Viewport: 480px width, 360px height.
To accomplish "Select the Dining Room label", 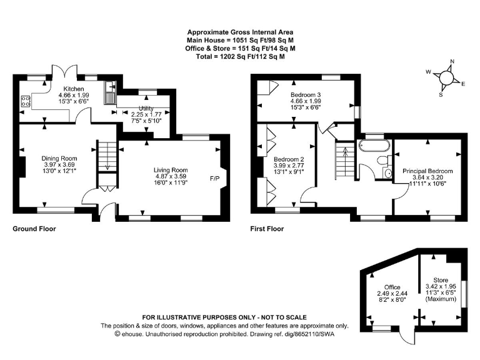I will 59,158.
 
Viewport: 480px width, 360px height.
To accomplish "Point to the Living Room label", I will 171,170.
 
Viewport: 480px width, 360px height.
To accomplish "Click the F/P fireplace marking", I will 214,179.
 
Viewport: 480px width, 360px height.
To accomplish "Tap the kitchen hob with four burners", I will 27,100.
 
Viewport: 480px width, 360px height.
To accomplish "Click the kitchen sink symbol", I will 110,93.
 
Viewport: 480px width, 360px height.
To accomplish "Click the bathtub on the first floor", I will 373,146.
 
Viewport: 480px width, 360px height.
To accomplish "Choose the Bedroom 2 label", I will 289,159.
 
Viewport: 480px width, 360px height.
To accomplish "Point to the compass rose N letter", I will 452,62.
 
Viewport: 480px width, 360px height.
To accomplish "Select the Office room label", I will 392,287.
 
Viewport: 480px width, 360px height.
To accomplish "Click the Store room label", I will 441,280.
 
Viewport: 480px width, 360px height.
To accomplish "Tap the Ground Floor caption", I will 34,229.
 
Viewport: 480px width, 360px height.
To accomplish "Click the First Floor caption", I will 267,229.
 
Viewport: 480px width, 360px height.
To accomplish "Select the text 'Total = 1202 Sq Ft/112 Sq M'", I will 240,56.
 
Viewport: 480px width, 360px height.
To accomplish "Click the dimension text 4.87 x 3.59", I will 171,177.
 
